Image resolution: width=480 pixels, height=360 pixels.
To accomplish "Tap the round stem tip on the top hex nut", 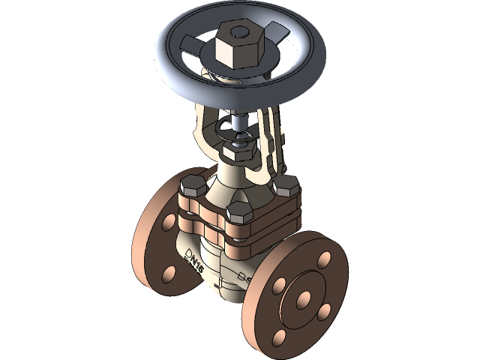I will [238, 33].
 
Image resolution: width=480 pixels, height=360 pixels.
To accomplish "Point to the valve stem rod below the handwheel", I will [237, 120].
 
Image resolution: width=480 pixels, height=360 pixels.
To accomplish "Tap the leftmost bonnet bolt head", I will [193, 186].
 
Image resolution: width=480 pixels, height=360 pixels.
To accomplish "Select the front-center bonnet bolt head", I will [239, 213].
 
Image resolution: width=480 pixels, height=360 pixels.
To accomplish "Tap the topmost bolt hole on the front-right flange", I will [323, 259].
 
